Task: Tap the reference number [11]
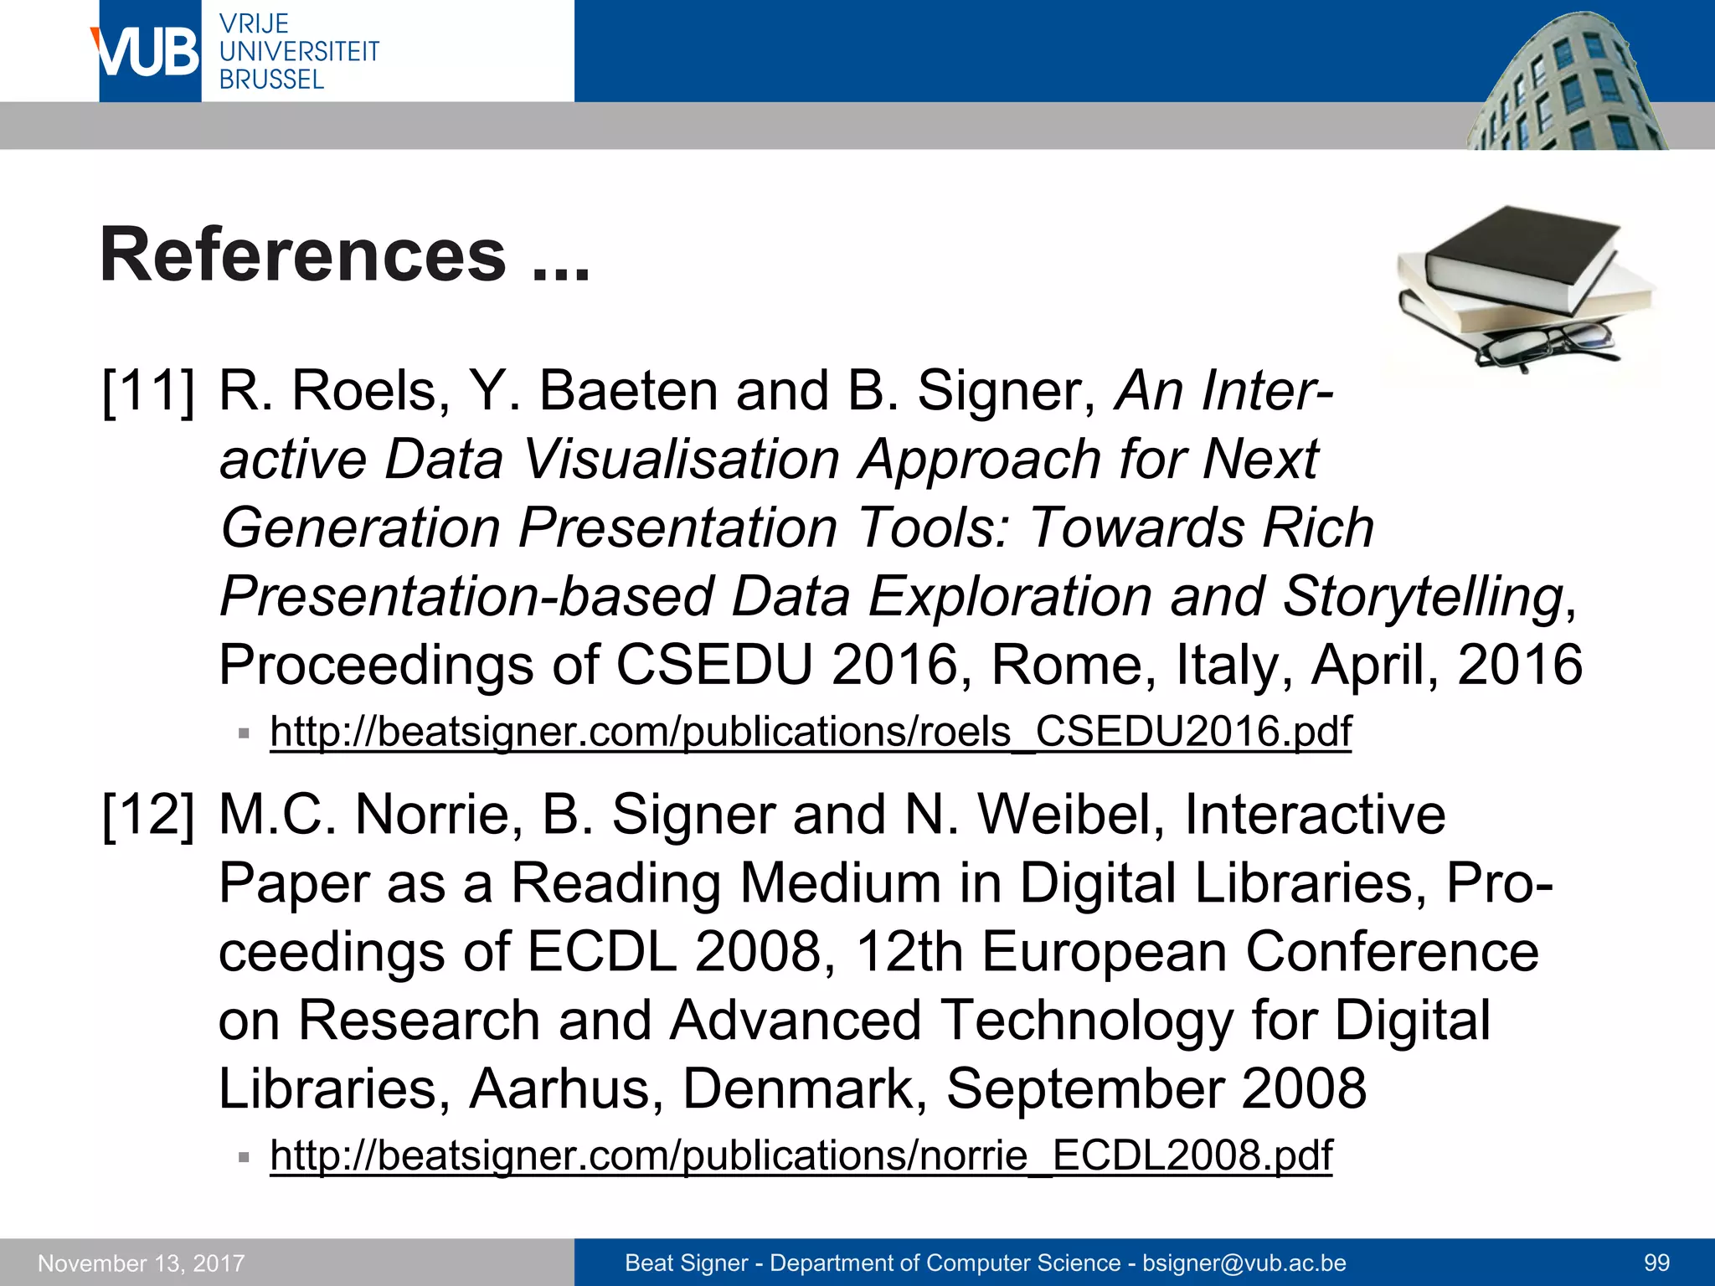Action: pyautogui.click(x=148, y=391)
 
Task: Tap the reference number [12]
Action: pyautogui.click(x=148, y=815)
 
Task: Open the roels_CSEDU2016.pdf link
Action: pyautogui.click(x=810, y=732)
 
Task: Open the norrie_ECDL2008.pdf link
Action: pyautogui.click(x=801, y=1155)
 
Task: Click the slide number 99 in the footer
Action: pyautogui.click(x=1656, y=1263)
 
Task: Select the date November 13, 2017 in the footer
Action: pyautogui.click(x=142, y=1263)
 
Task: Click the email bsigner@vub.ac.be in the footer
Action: pyautogui.click(x=1244, y=1263)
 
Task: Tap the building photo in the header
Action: pyautogui.click(x=1566, y=84)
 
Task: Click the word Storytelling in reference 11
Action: pyautogui.click(x=1423, y=596)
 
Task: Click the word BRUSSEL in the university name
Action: pyautogui.click(x=271, y=80)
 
